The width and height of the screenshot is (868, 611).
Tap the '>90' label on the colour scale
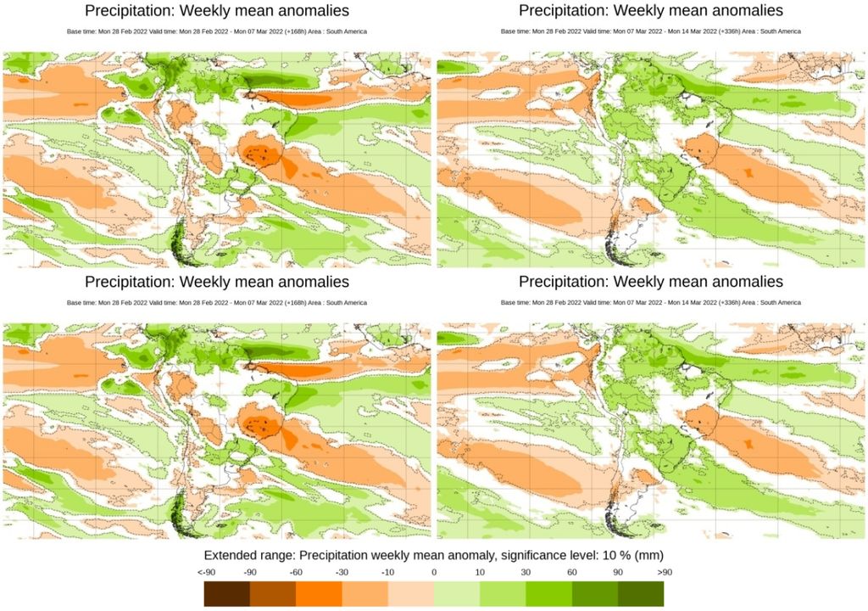tap(663, 572)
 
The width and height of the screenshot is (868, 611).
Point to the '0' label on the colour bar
tap(434, 572)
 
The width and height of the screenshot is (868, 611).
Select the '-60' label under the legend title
tap(296, 572)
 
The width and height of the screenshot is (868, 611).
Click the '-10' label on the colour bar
tap(387, 572)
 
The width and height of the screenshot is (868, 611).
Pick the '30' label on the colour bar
tap(526, 572)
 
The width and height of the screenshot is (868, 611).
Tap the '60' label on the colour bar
tap(571, 572)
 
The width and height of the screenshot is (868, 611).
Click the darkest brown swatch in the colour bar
tap(226, 593)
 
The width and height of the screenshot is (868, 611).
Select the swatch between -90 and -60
tap(273, 593)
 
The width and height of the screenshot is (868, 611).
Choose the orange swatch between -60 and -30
tap(319, 593)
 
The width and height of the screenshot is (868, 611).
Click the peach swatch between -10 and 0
tap(410, 593)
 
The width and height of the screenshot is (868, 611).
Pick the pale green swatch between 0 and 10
tap(457, 593)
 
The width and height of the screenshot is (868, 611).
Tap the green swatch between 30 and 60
tap(548, 593)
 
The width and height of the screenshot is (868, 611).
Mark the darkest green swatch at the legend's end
tap(641, 593)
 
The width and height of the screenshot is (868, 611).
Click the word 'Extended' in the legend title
tap(231, 554)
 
